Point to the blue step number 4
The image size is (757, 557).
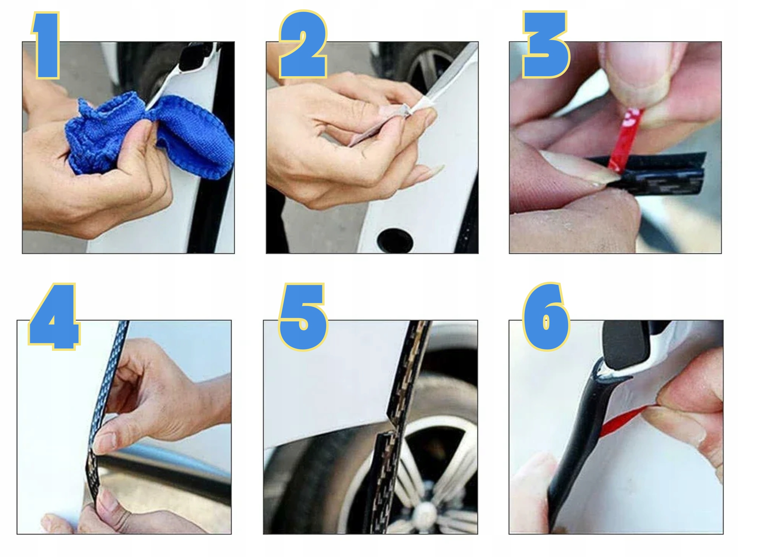[54, 316]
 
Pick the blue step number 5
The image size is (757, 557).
[303, 316]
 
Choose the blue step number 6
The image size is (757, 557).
[546, 316]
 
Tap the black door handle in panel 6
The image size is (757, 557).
[626, 344]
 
